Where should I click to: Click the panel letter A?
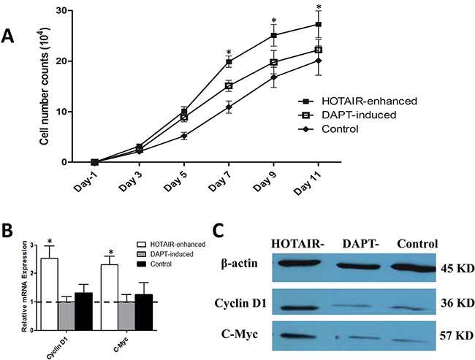click(9, 37)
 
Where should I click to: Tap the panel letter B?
click(11, 231)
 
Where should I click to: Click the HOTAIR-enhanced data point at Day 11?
click(319, 24)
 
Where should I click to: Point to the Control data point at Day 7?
click(229, 107)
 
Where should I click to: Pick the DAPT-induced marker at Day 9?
click(274, 62)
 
